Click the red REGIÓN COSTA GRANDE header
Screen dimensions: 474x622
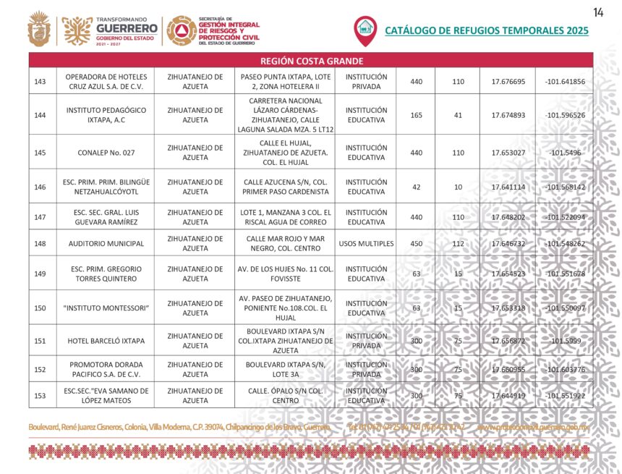pyautogui.click(x=311, y=61)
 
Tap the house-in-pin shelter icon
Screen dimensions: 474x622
pyautogui.click(x=365, y=30)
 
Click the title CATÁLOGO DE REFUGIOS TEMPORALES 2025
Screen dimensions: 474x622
pyautogui.click(x=486, y=30)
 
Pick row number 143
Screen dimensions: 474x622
pyautogui.click(x=41, y=82)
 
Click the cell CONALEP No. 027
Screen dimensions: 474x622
pyautogui.click(x=106, y=152)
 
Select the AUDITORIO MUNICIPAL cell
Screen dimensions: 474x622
pyautogui.click(x=106, y=243)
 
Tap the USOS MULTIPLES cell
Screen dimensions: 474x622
pyautogui.click(x=365, y=243)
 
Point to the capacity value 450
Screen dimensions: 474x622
pyautogui.click(x=416, y=243)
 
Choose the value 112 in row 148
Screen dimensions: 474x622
pyautogui.click(x=458, y=243)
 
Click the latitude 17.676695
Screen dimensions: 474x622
pyautogui.click(x=508, y=82)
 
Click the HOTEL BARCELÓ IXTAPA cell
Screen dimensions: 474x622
pyautogui.click(x=106, y=341)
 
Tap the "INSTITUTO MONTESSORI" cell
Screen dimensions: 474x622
pyautogui.click(x=106, y=308)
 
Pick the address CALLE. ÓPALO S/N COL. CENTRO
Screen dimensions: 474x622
pyautogui.click(x=285, y=396)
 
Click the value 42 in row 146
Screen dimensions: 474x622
pyautogui.click(x=416, y=187)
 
